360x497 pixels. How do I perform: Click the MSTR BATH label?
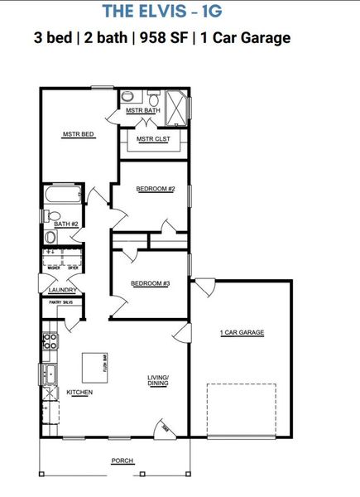point(142,110)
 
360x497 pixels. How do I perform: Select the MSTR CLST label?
point(153,139)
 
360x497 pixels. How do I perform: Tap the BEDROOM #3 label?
point(150,284)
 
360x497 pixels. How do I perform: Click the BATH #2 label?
point(65,224)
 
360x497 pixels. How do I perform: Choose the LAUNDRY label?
point(63,290)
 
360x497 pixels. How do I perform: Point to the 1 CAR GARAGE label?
point(242,332)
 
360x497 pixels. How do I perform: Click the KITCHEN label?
point(79,392)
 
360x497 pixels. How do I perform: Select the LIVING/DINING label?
point(157,380)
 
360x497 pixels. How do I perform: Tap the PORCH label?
point(122,461)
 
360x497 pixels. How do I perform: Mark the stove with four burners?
point(50,340)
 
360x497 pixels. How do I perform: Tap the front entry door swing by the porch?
point(163,428)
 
